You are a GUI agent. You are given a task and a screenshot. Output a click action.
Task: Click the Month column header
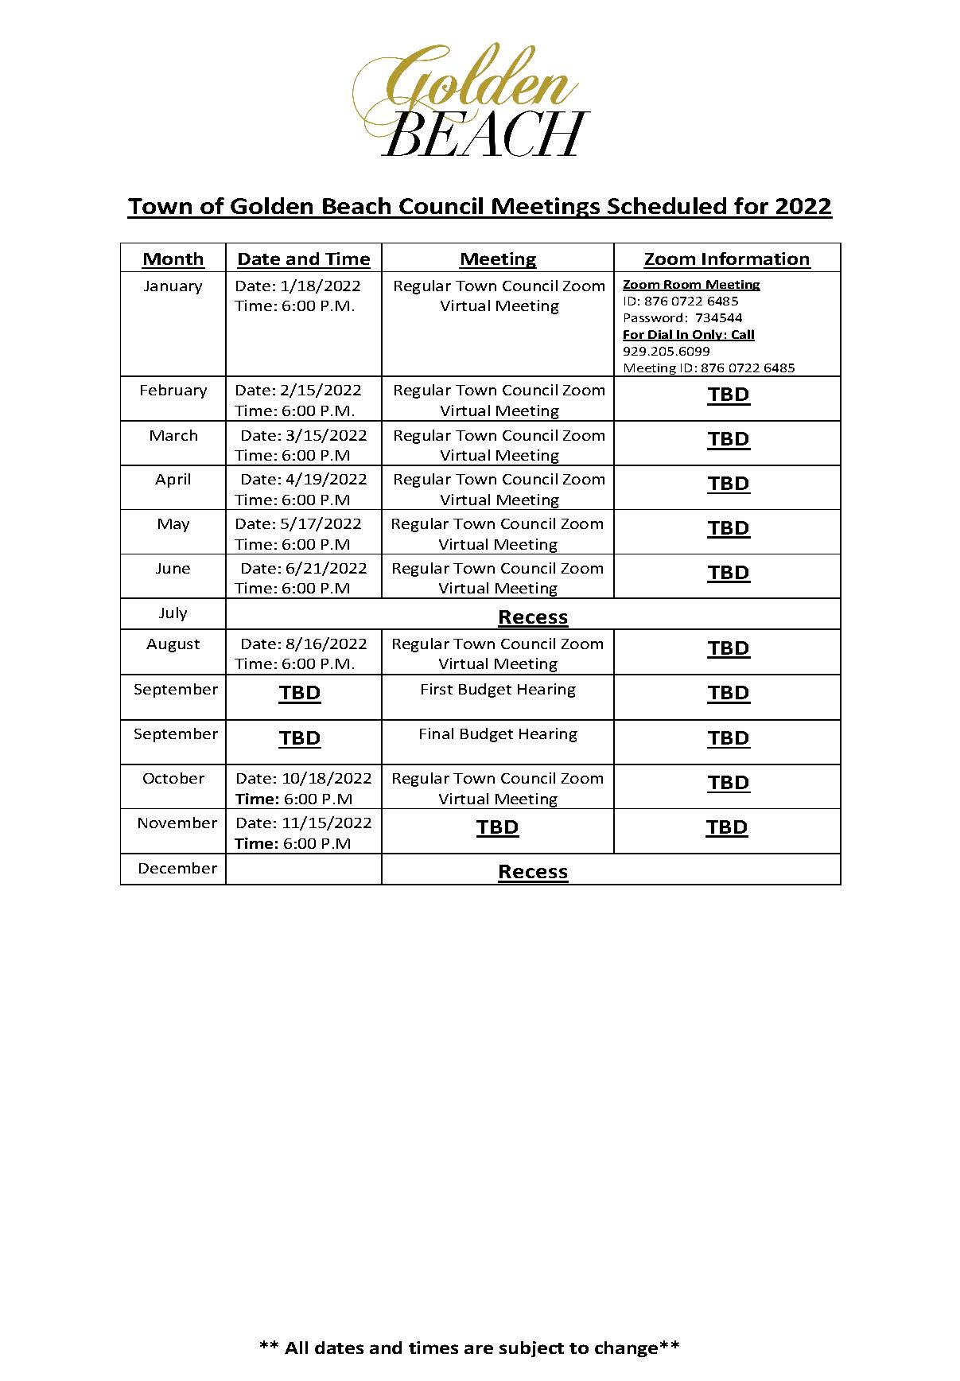[x=173, y=259]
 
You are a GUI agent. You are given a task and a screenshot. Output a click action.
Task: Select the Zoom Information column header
[x=726, y=259]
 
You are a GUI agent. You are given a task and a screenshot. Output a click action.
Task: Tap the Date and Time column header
[x=303, y=259]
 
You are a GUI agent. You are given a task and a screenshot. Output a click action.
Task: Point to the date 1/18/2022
[x=320, y=286]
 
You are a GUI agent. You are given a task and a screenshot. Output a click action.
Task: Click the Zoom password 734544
[x=718, y=317]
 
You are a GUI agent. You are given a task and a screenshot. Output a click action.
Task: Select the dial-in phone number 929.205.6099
[x=666, y=351]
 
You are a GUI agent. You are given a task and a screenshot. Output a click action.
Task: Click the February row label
[x=173, y=391]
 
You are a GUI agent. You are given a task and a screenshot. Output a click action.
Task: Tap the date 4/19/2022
[x=325, y=480]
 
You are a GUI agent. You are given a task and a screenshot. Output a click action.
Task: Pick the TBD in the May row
[x=728, y=528]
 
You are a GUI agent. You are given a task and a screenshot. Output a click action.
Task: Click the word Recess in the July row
[x=532, y=617]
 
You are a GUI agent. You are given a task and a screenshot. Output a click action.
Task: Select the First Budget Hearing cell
[x=497, y=690]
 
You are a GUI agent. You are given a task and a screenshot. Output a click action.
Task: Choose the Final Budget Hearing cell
[x=497, y=734]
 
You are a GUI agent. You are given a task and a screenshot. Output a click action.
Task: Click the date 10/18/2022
[x=326, y=779]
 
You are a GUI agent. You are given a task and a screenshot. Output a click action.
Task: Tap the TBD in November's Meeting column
[x=497, y=827]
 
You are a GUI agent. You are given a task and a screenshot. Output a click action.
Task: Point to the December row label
[x=177, y=869]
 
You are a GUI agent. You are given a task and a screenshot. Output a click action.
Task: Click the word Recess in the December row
[x=532, y=872]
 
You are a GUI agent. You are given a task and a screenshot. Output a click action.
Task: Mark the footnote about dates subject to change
[x=469, y=1348]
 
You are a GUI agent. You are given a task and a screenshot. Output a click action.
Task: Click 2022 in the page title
[x=803, y=206]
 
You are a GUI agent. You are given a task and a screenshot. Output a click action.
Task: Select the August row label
[x=173, y=644]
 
